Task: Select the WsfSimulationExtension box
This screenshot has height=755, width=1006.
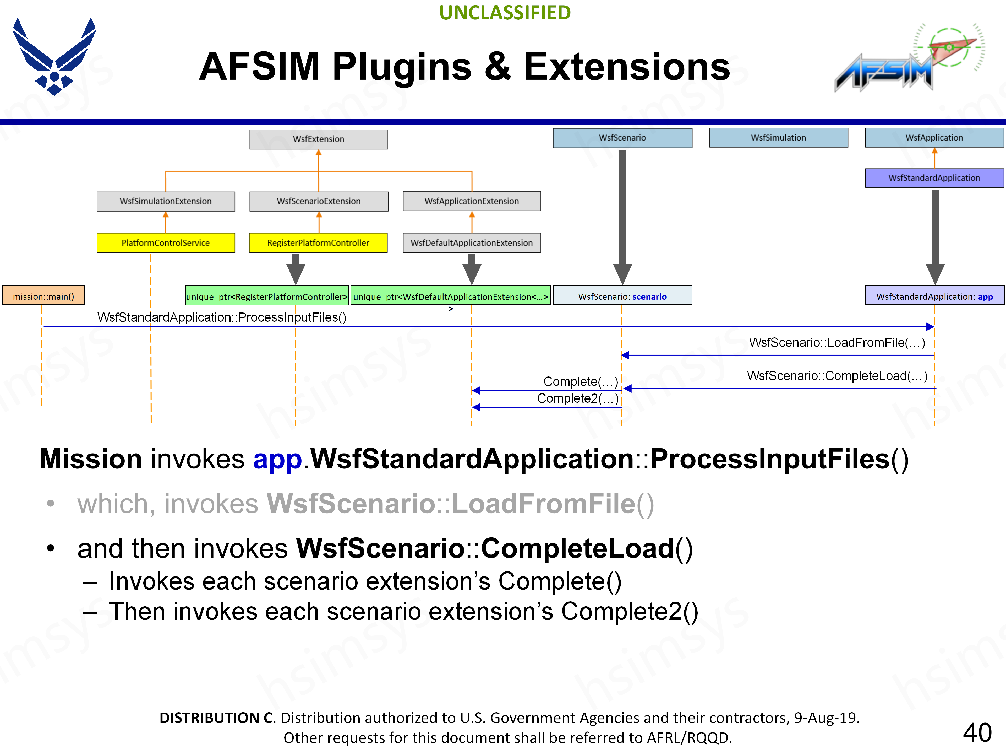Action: [x=166, y=201]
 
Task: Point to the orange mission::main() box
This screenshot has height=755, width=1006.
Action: [x=44, y=296]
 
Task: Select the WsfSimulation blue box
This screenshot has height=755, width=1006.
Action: [x=778, y=137]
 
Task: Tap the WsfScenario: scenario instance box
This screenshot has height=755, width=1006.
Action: [x=622, y=296]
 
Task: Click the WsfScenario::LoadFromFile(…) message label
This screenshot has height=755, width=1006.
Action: [x=837, y=342]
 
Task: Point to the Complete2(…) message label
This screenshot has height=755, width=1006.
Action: [x=578, y=399]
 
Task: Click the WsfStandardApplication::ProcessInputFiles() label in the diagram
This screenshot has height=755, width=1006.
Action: [x=222, y=317]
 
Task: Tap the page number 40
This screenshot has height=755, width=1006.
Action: [x=977, y=733]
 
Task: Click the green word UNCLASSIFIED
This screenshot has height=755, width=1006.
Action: [x=505, y=13]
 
